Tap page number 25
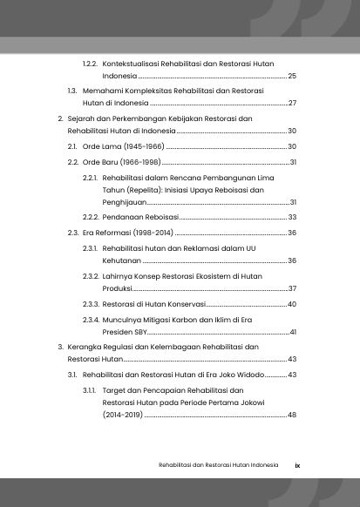click(x=292, y=77)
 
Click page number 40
click(x=292, y=304)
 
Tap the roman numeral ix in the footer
click(x=297, y=464)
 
